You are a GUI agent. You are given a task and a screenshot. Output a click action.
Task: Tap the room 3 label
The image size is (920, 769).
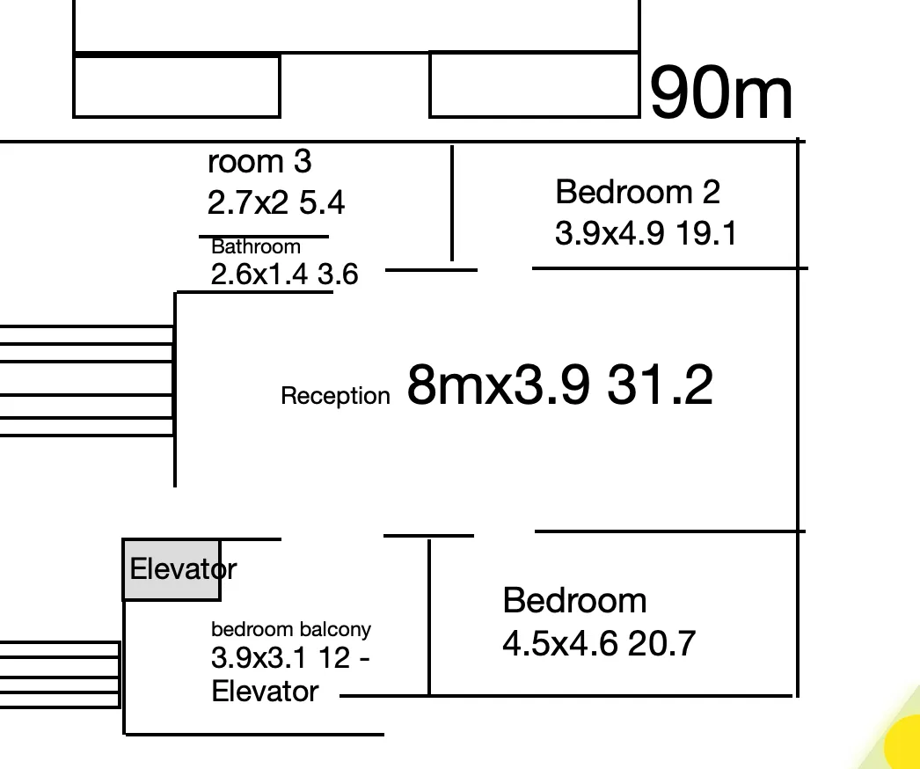(259, 162)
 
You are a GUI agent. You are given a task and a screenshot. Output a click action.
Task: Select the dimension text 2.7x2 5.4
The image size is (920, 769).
(276, 203)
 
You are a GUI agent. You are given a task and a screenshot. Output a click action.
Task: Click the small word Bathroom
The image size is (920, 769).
(256, 247)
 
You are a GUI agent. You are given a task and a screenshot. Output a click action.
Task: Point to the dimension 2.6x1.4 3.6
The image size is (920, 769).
(284, 275)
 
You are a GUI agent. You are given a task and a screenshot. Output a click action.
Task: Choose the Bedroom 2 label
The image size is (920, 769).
(638, 191)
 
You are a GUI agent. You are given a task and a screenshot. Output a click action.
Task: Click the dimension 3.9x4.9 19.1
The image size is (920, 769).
(646, 233)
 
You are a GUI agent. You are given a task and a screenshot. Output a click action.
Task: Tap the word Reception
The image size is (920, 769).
(335, 396)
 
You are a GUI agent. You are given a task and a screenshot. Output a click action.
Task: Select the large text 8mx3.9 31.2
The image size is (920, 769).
(559, 385)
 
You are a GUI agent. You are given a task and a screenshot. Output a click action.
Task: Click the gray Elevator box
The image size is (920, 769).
(171, 570)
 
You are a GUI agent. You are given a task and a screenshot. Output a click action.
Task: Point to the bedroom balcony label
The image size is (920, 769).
(291, 629)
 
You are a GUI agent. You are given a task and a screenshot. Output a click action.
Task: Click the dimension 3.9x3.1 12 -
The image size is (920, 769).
(290, 658)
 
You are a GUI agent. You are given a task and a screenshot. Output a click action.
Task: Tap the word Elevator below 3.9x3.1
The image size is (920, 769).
(265, 692)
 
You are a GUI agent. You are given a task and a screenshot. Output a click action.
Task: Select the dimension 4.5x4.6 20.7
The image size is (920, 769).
(598, 644)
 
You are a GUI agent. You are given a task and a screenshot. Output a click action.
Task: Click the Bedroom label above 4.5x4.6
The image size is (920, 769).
(574, 601)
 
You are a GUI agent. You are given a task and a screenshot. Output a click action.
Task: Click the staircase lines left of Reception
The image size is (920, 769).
(86, 380)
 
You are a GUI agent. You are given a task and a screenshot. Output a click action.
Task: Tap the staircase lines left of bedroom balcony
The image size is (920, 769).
(59, 675)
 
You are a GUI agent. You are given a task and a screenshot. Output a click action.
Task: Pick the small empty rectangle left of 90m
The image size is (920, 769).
(534, 84)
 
